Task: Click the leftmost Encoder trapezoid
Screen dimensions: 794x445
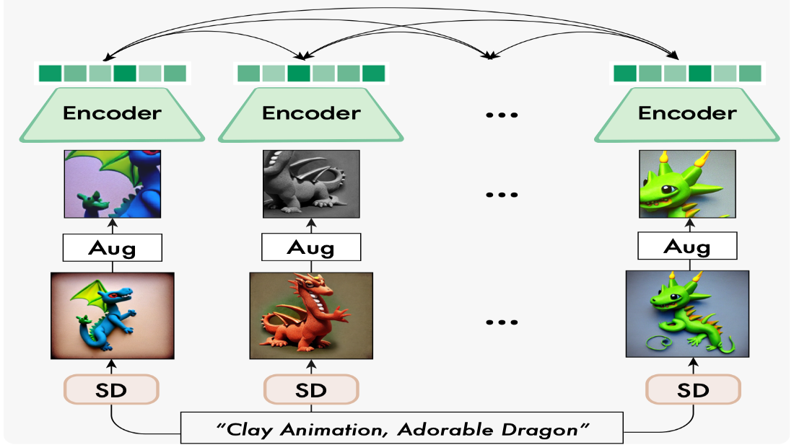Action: coord(112,114)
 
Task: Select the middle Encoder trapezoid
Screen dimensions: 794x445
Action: coord(311,114)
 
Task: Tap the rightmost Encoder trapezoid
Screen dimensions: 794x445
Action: coord(687,114)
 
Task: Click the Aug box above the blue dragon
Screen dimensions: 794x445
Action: coord(113,248)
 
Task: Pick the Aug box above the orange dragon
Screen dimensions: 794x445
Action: coord(311,247)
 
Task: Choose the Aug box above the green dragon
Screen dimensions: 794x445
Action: coord(687,246)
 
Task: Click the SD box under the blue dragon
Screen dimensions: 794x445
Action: coord(111,389)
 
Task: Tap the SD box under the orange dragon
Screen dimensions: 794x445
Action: coord(311,389)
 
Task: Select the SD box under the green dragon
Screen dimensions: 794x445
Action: coord(693,389)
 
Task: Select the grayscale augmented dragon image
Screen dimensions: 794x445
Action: coord(311,184)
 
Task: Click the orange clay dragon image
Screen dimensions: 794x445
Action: coord(311,316)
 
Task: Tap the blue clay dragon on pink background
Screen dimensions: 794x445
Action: coord(113,316)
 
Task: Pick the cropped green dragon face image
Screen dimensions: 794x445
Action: coord(687,184)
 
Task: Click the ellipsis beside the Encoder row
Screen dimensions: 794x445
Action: coord(502,115)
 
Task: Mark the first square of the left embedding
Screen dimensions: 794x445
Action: coord(50,74)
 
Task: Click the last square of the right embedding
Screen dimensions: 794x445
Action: coord(750,74)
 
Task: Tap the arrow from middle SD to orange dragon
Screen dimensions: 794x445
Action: coord(311,367)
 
